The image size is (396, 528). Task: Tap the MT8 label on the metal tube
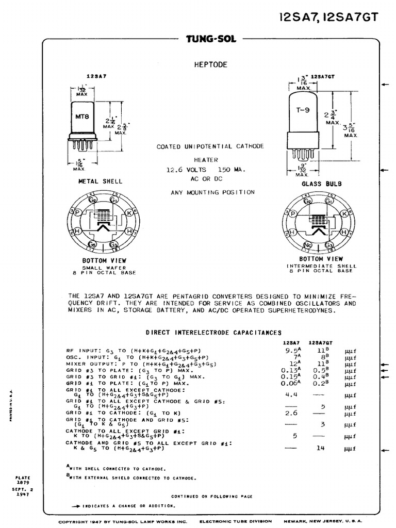click(83, 117)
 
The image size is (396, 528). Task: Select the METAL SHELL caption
click(100, 181)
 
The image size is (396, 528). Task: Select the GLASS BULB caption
click(321, 184)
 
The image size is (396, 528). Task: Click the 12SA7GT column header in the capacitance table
click(321, 342)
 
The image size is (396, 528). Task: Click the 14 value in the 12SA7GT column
click(321, 448)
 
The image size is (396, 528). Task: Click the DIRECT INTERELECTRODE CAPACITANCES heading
click(213, 333)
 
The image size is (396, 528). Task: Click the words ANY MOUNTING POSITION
click(212, 192)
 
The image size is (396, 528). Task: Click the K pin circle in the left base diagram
click(128, 212)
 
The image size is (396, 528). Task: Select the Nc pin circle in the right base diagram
click(308, 245)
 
